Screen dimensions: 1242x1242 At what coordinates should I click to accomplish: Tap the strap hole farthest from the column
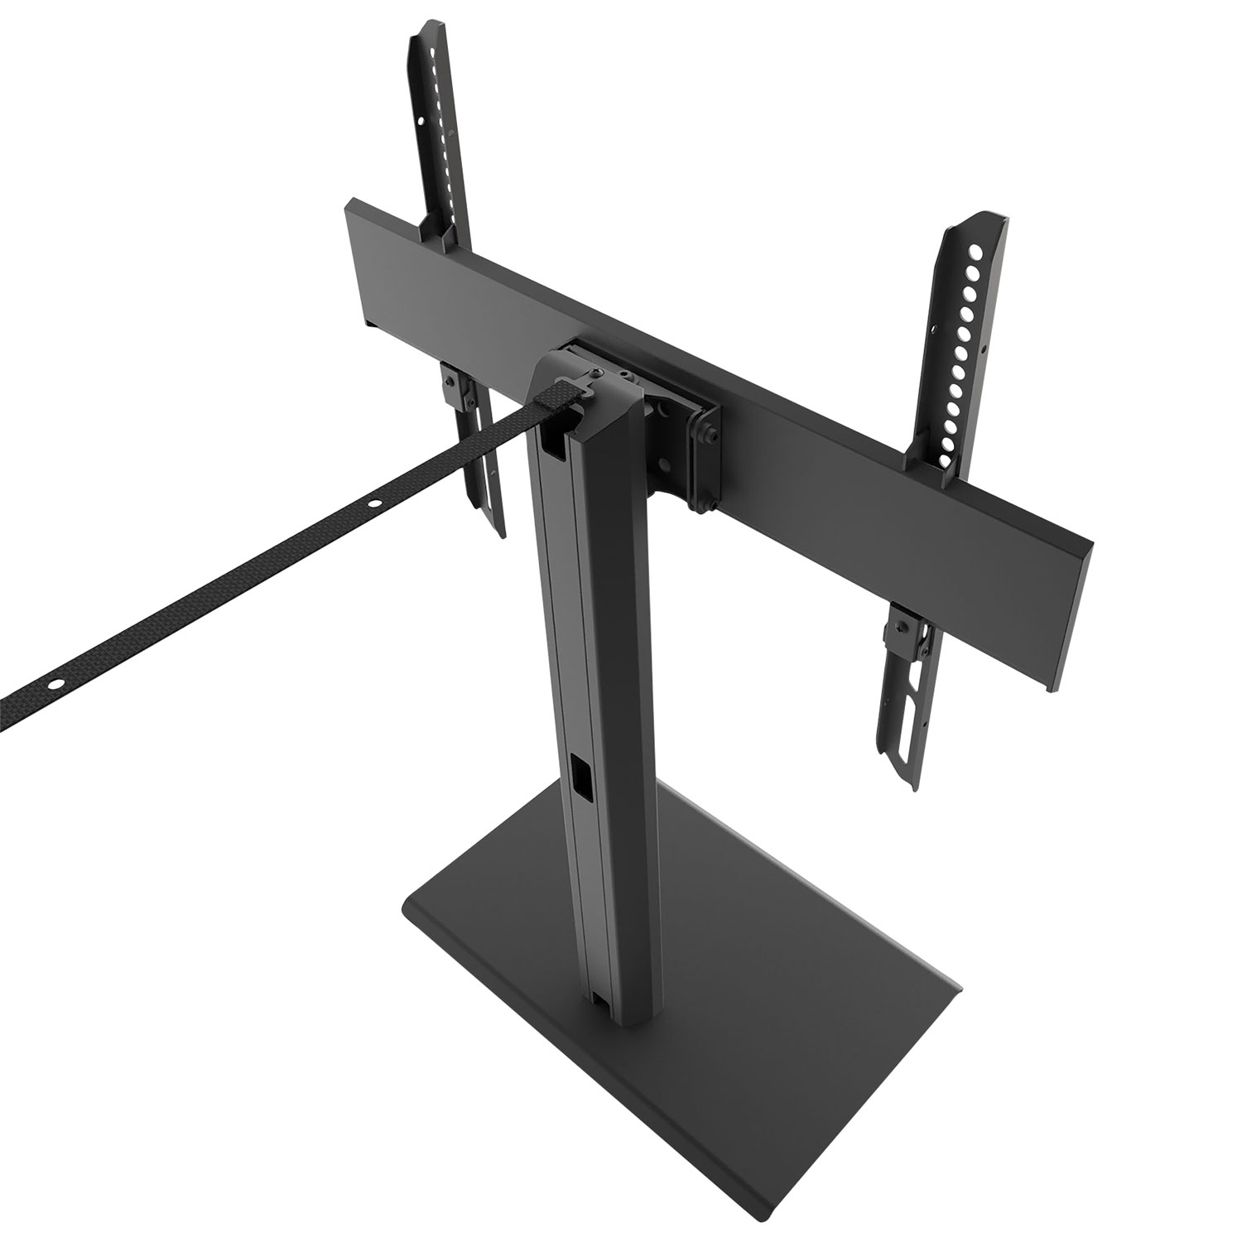coord(55,685)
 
